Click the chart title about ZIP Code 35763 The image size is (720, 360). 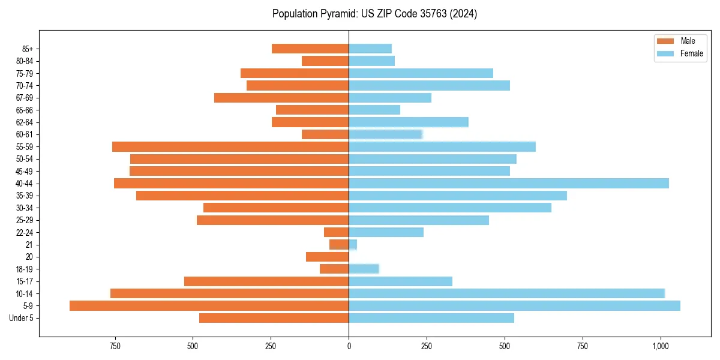374,14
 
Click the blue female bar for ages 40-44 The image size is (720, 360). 508,184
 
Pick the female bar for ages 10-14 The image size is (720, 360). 506,293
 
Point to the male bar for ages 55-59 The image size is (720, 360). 230,147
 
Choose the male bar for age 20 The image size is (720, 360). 327,257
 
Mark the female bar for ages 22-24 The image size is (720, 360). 386,232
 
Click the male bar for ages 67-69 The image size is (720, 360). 281,98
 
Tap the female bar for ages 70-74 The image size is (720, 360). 429,86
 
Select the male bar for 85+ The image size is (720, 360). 310,49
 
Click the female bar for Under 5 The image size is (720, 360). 431,318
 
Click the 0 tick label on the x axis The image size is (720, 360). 349,346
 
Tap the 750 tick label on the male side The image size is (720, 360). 115,346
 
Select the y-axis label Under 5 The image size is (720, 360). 22,318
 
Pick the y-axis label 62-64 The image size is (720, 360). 25,122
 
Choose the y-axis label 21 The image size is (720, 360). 29,245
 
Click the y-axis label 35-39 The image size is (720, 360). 25,196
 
